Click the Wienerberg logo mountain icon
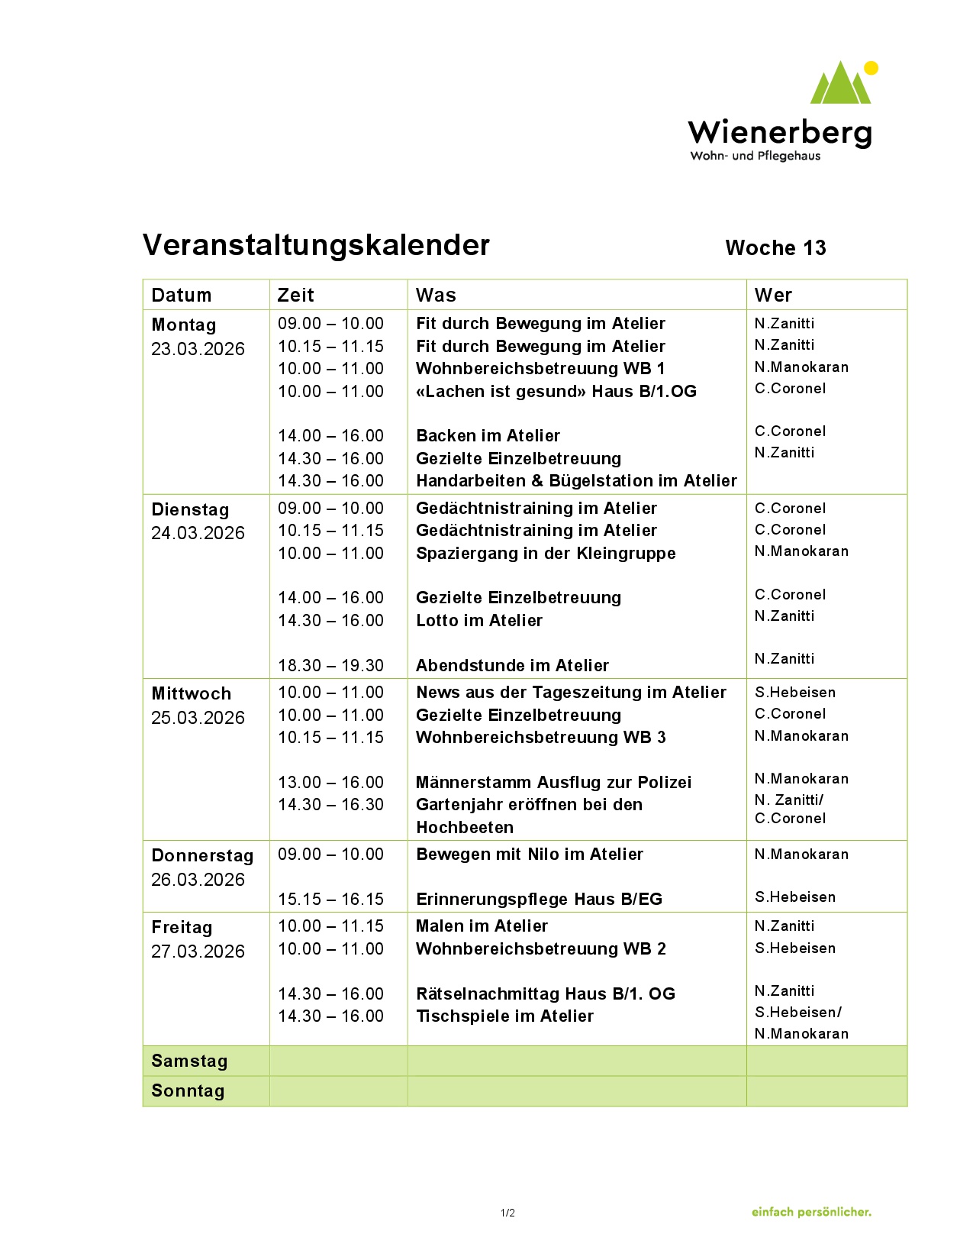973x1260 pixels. click(x=841, y=84)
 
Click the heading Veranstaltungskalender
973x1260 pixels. click(x=316, y=245)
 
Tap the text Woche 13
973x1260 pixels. click(x=775, y=248)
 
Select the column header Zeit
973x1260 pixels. click(x=295, y=295)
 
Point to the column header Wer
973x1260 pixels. click(x=773, y=295)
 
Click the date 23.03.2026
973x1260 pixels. click(x=198, y=349)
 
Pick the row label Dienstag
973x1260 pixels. click(x=190, y=509)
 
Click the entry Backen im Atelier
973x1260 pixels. click(x=488, y=436)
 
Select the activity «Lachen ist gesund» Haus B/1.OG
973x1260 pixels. click(x=556, y=392)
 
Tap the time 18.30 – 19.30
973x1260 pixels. click(x=330, y=665)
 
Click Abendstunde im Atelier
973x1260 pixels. click(x=512, y=665)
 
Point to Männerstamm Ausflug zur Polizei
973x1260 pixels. click(x=553, y=782)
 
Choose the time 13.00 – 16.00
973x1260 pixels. click(x=330, y=782)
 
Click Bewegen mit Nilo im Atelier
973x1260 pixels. click(x=529, y=854)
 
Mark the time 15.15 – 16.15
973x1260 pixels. click(x=330, y=899)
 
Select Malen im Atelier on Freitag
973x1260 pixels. click(x=482, y=926)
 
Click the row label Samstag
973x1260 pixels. click(x=189, y=1061)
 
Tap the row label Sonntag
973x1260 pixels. click(x=188, y=1090)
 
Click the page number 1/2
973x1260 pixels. click(x=507, y=1213)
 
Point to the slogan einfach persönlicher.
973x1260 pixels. click(x=810, y=1212)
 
